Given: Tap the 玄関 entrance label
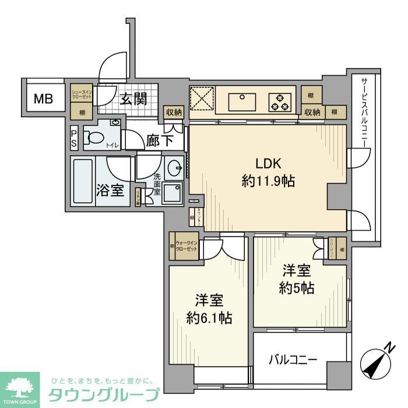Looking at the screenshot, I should coord(133,100).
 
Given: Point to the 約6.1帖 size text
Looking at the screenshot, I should coord(209,318).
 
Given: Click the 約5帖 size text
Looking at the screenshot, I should coord(297,288).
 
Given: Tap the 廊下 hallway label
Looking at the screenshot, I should coord(156,140).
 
